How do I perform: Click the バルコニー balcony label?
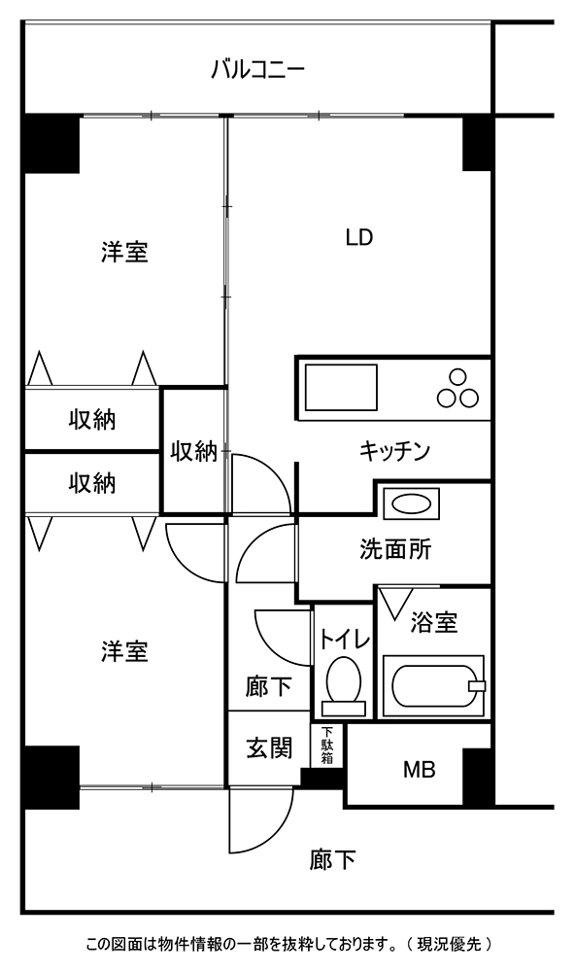point(257,69)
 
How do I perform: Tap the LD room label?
point(359,237)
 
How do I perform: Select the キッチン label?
point(394,451)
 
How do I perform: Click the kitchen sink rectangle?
point(342,388)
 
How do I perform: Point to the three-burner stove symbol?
point(457,390)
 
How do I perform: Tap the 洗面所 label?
point(395,549)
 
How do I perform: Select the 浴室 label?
point(434,622)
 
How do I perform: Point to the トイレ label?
point(345,640)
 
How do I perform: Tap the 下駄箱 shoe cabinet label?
point(326,745)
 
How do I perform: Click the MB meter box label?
point(420,770)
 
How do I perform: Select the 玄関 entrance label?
point(270,748)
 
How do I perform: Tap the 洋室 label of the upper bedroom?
point(124,253)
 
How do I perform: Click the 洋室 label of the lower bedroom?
point(124,651)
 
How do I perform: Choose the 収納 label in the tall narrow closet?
point(194,451)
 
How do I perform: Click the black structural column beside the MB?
point(478,777)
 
